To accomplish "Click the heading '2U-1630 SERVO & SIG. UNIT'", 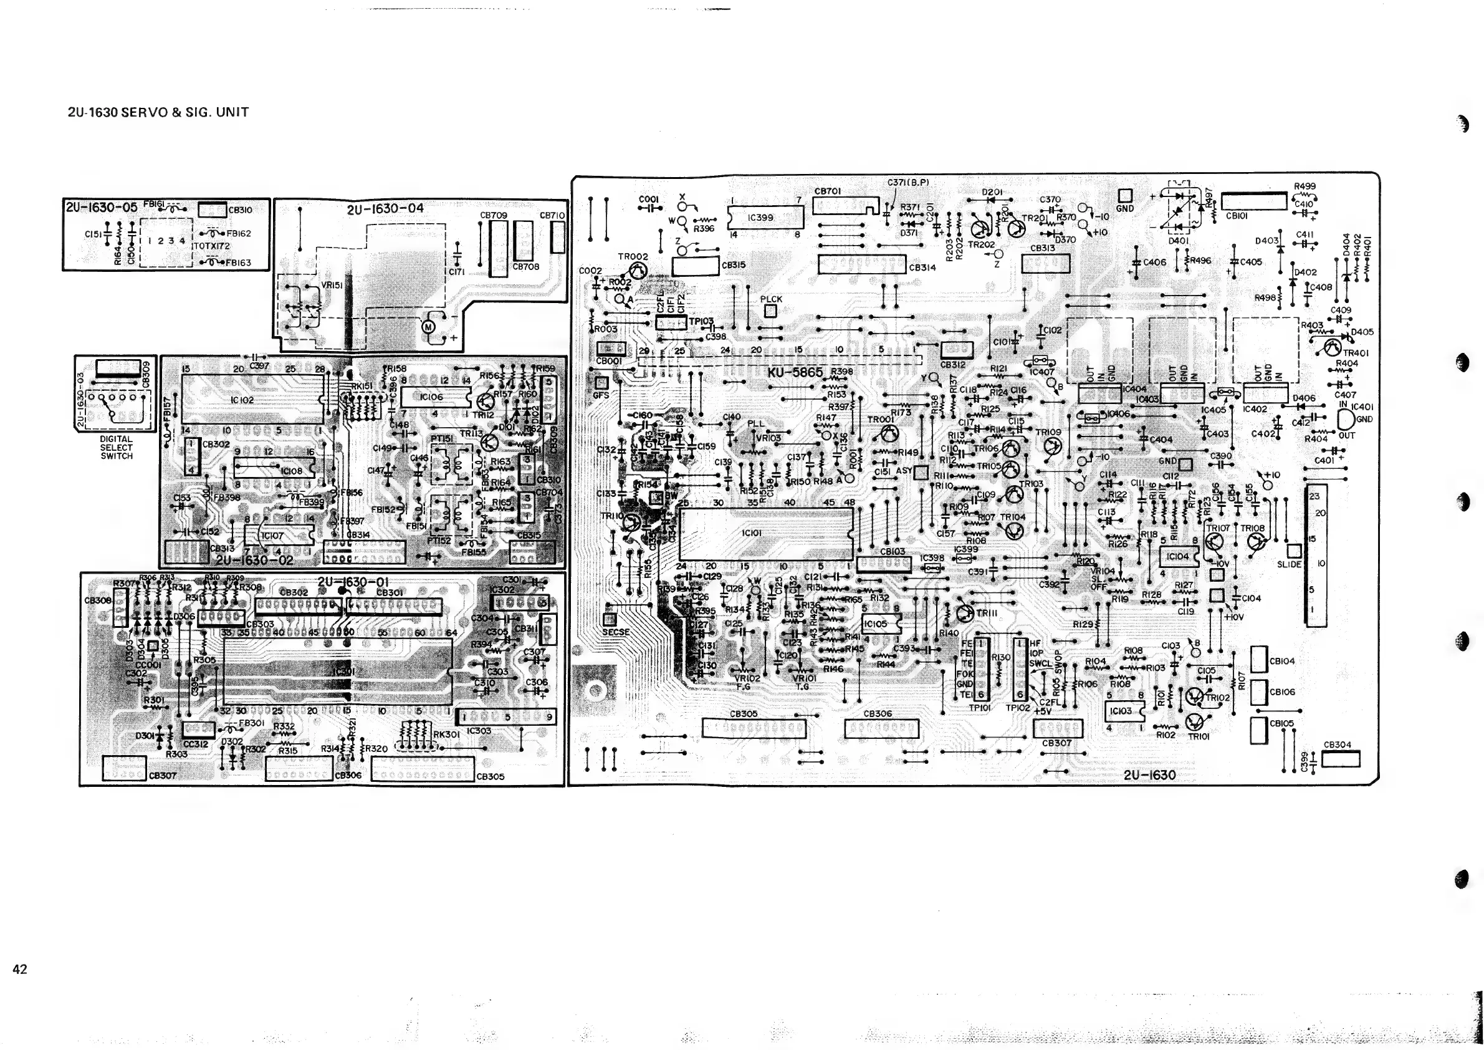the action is point(158,112).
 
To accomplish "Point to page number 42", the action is point(20,968).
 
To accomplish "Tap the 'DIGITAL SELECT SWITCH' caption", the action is point(117,448).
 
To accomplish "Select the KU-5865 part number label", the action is point(795,372).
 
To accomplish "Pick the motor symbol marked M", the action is point(429,327).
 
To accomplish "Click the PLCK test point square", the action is point(770,311).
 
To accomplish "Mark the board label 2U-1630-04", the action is point(385,209).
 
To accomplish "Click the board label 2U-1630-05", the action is point(102,207).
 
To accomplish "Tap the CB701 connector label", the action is point(827,191).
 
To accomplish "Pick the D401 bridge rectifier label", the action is point(1178,241).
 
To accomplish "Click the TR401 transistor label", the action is point(1356,353).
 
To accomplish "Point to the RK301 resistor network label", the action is point(446,735).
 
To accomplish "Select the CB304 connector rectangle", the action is point(1341,758).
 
